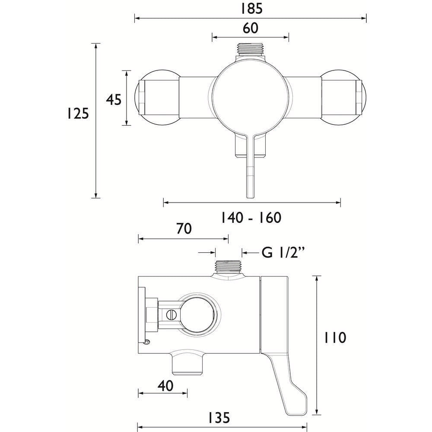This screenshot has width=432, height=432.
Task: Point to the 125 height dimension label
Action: point(78,113)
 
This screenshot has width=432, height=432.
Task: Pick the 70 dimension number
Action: point(184,229)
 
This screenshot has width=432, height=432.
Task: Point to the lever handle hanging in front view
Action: point(250,168)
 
